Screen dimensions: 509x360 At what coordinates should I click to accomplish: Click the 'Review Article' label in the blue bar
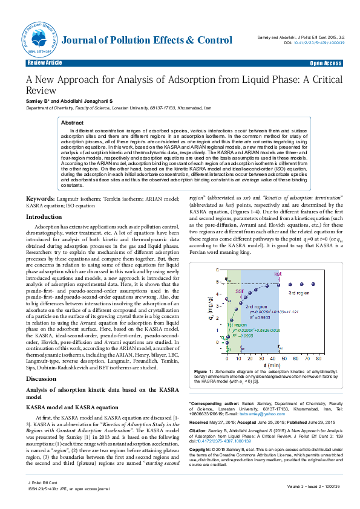[x=45, y=63]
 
